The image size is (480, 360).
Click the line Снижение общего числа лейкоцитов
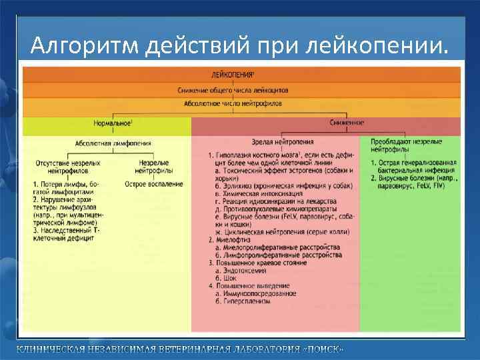pos(233,90)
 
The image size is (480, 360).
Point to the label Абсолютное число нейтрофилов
pos(233,104)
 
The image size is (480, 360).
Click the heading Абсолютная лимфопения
pos(113,142)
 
